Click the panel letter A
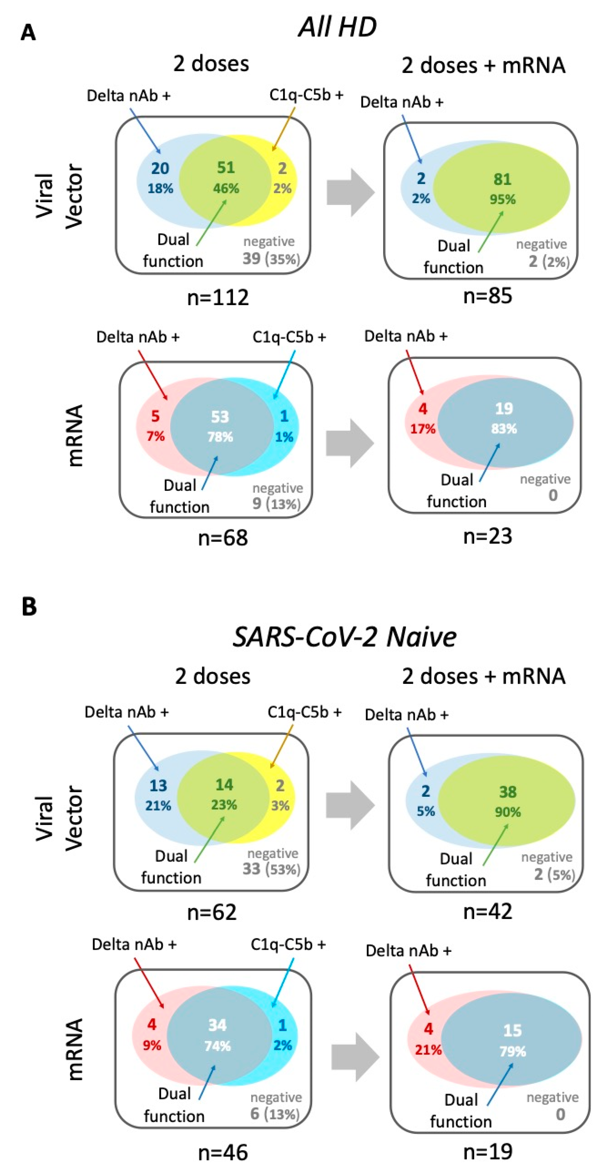coord(28,33)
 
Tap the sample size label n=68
coord(223,538)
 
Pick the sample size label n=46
coord(223,1152)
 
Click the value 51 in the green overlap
coord(226,168)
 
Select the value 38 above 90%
coord(508,792)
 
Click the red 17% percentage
coord(423,429)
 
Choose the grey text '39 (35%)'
coord(271,259)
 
